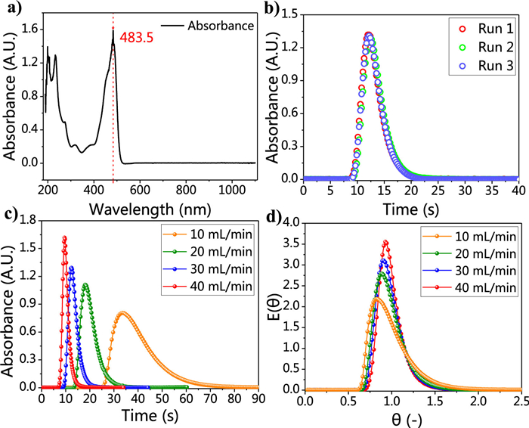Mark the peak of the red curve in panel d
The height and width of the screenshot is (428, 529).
tap(385, 242)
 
